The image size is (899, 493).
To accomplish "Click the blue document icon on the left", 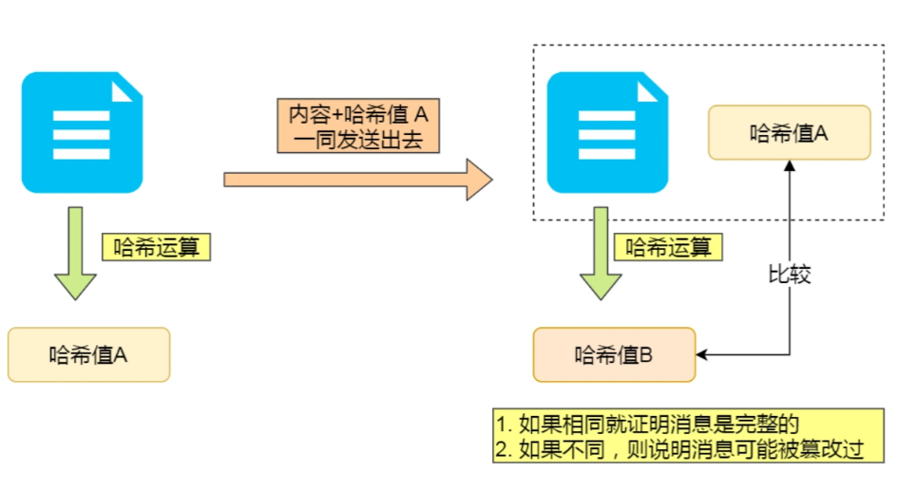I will click(x=82, y=132).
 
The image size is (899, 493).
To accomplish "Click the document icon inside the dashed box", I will click(x=606, y=132).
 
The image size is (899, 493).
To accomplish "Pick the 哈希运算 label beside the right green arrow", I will click(x=668, y=247).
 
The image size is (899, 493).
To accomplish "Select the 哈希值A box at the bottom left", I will click(x=88, y=354).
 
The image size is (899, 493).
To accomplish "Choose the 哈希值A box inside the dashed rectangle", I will click(x=789, y=132).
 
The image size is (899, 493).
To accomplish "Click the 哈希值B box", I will click(x=614, y=355).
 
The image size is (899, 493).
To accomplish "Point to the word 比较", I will click(x=789, y=275).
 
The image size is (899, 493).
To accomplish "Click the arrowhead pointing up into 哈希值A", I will click(x=789, y=165).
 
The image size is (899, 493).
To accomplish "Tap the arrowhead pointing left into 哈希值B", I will click(x=702, y=355).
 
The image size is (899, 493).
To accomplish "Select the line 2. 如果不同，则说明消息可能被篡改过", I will click(x=679, y=448).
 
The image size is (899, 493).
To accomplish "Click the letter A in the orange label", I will click(x=421, y=115).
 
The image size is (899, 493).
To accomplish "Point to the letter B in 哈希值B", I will click(x=646, y=355).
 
